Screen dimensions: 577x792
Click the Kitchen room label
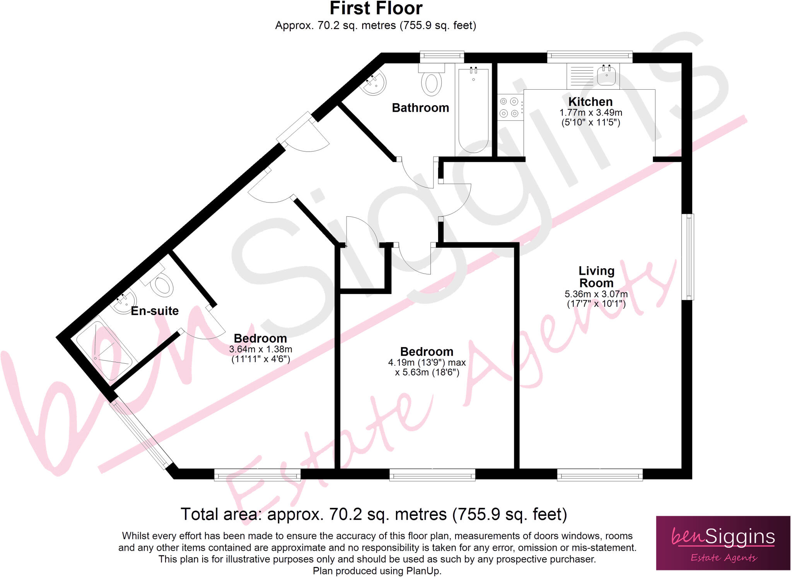point(590,102)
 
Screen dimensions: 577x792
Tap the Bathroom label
point(420,108)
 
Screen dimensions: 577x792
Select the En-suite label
point(155,311)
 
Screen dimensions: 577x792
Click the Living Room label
point(596,277)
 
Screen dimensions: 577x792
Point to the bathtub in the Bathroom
point(473,110)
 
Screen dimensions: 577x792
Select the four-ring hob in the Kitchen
point(509,107)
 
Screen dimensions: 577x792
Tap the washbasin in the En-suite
point(124,302)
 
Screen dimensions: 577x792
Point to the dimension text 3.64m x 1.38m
point(261,349)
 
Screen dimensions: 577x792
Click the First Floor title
point(376,9)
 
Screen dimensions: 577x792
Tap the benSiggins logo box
point(723,543)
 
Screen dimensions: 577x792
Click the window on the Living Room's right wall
point(690,257)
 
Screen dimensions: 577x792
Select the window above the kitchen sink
point(590,57)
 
